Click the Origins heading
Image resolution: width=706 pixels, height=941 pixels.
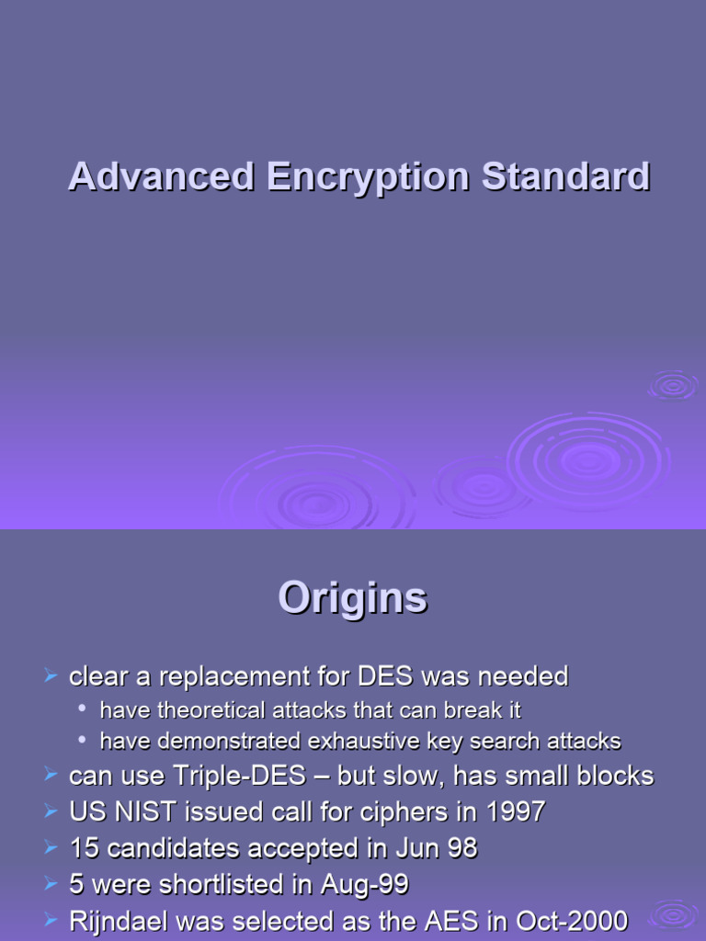click(x=353, y=599)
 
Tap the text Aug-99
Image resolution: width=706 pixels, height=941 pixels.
click(x=364, y=884)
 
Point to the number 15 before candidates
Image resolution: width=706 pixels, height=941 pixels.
click(x=84, y=848)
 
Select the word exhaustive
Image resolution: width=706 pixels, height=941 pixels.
click(x=343, y=741)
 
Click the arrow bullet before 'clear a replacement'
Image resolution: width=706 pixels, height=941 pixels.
click(x=51, y=677)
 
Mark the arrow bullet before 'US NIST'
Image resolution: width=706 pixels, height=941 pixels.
click(x=51, y=811)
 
